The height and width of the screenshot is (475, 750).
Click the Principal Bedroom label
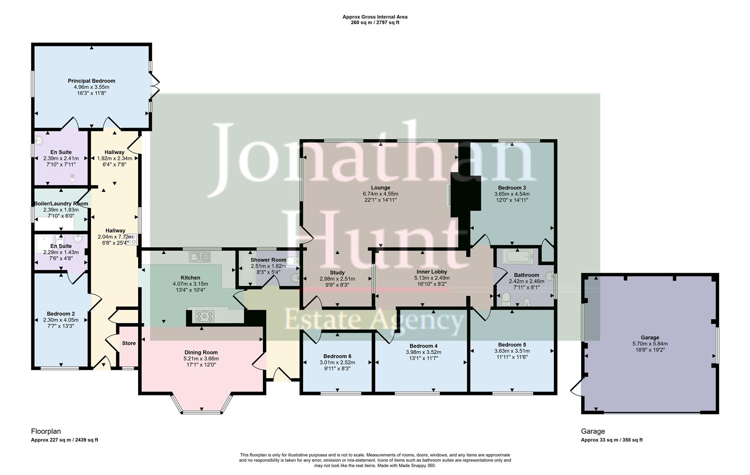91,81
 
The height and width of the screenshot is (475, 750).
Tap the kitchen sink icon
200,256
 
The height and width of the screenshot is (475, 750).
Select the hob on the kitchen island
205,316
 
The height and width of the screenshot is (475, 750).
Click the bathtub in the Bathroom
518,256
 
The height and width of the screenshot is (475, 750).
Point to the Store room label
129,343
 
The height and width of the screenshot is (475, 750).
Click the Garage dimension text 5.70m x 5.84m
650,344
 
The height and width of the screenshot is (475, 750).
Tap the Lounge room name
380,188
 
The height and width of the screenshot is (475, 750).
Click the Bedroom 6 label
337,356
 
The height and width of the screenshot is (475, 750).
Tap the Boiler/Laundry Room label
61,204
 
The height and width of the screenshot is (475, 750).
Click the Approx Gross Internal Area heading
375,17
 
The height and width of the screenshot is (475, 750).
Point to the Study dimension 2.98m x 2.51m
337,279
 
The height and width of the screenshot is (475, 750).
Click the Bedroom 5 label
512,345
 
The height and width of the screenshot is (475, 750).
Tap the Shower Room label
268,260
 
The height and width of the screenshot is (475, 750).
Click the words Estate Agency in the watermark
374,320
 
